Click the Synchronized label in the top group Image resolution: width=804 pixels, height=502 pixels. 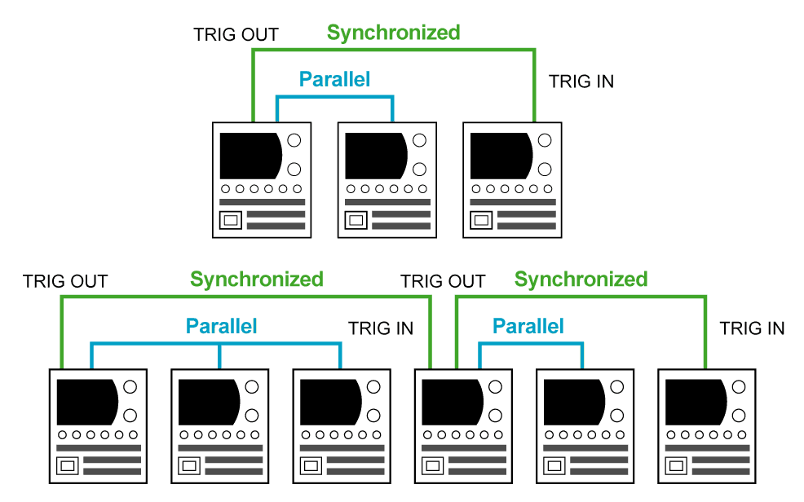(x=393, y=33)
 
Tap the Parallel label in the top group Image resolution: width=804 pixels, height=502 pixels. (x=334, y=79)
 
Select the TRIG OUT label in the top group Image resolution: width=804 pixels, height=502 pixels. (x=236, y=34)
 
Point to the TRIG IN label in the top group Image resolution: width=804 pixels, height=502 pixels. (x=581, y=81)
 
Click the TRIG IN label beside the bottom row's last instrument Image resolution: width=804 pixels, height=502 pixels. (x=752, y=328)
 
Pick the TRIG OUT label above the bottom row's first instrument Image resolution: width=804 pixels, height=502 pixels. (x=65, y=281)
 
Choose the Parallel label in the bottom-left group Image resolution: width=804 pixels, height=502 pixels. (x=221, y=326)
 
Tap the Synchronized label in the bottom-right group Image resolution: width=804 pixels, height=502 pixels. (x=581, y=280)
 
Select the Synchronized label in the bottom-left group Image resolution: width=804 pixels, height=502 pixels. (x=256, y=280)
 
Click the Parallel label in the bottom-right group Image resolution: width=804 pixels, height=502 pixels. (x=528, y=326)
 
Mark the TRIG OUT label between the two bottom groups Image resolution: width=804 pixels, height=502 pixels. (x=443, y=281)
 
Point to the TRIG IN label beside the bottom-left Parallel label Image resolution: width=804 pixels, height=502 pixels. (x=380, y=328)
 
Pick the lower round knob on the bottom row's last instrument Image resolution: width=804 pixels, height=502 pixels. (x=740, y=416)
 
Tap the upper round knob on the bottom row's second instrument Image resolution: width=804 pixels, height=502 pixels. (x=252, y=386)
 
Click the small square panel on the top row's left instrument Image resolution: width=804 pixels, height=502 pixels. (x=231, y=220)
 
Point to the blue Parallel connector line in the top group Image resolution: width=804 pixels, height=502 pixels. (x=334, y=96)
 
